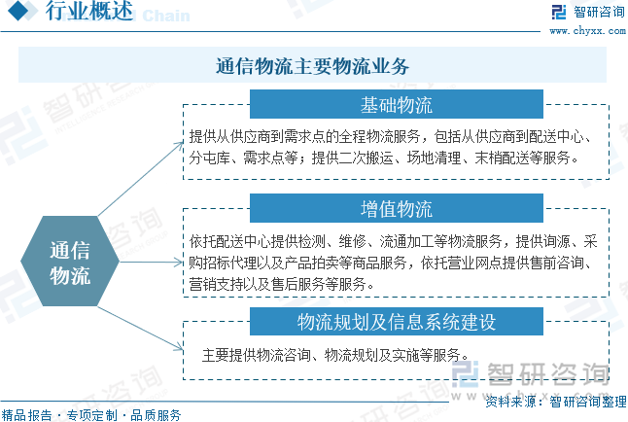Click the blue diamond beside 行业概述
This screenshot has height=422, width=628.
[x=17, y=11]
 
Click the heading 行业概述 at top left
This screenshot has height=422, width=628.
[x=88, y=11]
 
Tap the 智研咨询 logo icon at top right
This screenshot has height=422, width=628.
[x=559, y=12]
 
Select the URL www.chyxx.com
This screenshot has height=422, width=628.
[x=587, y=31]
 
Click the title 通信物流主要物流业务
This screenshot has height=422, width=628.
[x=312, y=66]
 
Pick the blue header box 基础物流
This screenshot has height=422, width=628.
[x=396, y=104]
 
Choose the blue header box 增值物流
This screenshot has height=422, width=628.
[x=396, y=208]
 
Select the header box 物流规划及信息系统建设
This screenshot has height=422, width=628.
[x=396, y=322]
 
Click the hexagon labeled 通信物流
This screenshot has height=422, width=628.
[x=70, y=262]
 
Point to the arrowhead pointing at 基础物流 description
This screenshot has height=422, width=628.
[x=180, y=145]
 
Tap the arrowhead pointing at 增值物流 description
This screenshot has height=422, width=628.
[x=179, y=263]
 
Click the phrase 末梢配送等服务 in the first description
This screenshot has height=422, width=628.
[x=522, y=158]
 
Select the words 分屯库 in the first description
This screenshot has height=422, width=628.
[x=209, y=158]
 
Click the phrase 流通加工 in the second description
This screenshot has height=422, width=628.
[x=406, y=241]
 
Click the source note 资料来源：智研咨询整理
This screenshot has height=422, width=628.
[x=556, y=402]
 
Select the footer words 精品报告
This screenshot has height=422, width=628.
[x=26, y=415]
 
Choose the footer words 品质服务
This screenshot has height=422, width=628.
[x=156, y=415]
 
